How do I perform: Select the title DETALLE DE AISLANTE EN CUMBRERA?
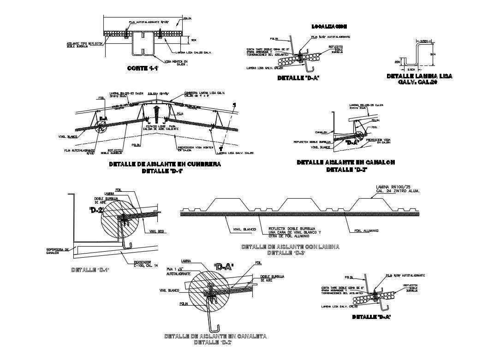click(x=165, y=164)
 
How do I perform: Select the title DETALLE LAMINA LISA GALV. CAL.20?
click(x=420, y=79)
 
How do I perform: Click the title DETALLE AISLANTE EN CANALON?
click(x=346, y=162)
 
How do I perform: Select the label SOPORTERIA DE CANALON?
click(x=58, y=251)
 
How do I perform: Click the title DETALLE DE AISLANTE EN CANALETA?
click(x=215, y=336)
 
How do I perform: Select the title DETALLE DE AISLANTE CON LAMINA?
click(x=290, y=247)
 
